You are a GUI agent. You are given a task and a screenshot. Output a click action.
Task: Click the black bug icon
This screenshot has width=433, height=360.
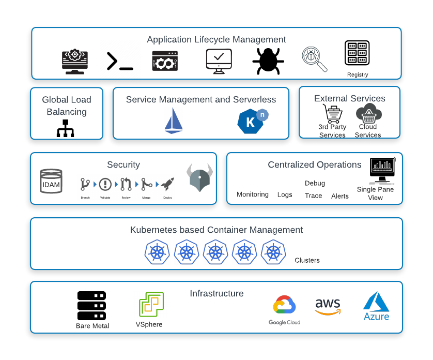268,61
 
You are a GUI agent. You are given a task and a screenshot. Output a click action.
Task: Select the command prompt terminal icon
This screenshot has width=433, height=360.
120,61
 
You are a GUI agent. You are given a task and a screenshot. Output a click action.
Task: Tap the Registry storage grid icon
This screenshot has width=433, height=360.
357,53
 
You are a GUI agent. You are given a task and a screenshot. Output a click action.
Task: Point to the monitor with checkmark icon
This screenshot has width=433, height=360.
218,61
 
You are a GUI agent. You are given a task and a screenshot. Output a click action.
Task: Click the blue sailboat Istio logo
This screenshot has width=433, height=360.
174,121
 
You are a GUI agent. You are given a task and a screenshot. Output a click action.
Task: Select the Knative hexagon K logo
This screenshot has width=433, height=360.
252,121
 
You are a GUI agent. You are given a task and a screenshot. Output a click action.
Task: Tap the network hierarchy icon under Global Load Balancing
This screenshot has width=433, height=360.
66,128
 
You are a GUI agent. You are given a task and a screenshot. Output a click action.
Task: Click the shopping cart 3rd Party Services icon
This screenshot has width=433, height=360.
332,114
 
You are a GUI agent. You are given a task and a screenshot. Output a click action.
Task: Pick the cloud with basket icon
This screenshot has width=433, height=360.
368,113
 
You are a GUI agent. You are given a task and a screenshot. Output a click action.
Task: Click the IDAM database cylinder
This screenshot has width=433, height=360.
51,182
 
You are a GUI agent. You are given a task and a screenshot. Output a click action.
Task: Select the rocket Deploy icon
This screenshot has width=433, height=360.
167,184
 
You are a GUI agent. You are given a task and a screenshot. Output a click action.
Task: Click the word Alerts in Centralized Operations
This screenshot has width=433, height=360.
340,196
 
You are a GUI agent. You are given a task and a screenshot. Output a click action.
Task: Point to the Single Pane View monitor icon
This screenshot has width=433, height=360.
382,170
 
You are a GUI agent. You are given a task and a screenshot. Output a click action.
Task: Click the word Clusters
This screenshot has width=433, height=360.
307,260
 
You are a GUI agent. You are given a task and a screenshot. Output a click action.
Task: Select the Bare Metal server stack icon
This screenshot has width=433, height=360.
92,306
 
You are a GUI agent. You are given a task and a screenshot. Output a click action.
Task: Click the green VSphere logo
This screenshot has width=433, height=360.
151,305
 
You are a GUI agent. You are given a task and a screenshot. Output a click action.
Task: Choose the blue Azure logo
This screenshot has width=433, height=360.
376,306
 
